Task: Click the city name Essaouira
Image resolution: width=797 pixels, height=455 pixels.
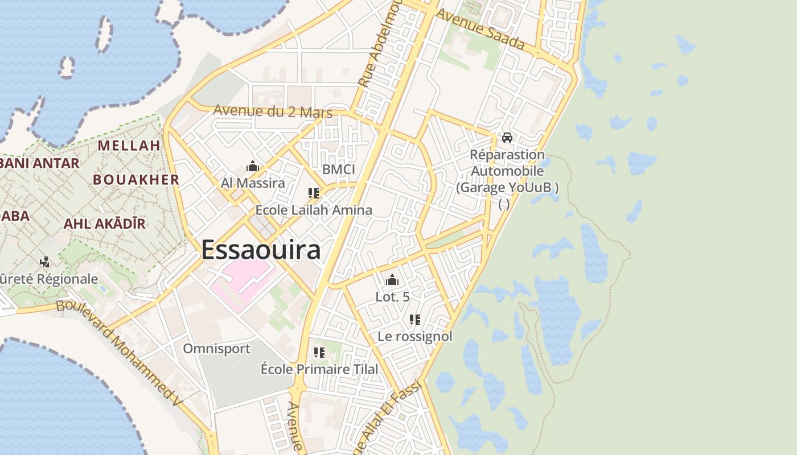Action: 261,249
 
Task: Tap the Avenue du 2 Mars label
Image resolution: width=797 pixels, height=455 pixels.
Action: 273,111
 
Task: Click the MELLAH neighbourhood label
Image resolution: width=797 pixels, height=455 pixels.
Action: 129,146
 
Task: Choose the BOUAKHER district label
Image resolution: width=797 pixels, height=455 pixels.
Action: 136,180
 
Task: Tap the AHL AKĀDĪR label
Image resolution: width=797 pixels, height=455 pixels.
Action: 105,224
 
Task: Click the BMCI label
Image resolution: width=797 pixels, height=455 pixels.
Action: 338,169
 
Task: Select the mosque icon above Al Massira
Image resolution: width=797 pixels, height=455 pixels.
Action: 253,166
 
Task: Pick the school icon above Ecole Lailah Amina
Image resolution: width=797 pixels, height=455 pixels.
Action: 313,193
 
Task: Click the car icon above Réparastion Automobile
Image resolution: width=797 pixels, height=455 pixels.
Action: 507,138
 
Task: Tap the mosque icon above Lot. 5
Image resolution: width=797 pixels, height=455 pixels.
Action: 392,280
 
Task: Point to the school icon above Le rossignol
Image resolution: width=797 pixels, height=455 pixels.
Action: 415,320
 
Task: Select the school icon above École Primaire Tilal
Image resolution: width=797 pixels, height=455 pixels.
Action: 319,353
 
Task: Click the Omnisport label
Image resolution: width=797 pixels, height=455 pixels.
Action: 216,349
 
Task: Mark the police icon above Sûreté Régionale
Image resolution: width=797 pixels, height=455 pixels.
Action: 45,262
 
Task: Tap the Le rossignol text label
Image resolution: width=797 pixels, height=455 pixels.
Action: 415,336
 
